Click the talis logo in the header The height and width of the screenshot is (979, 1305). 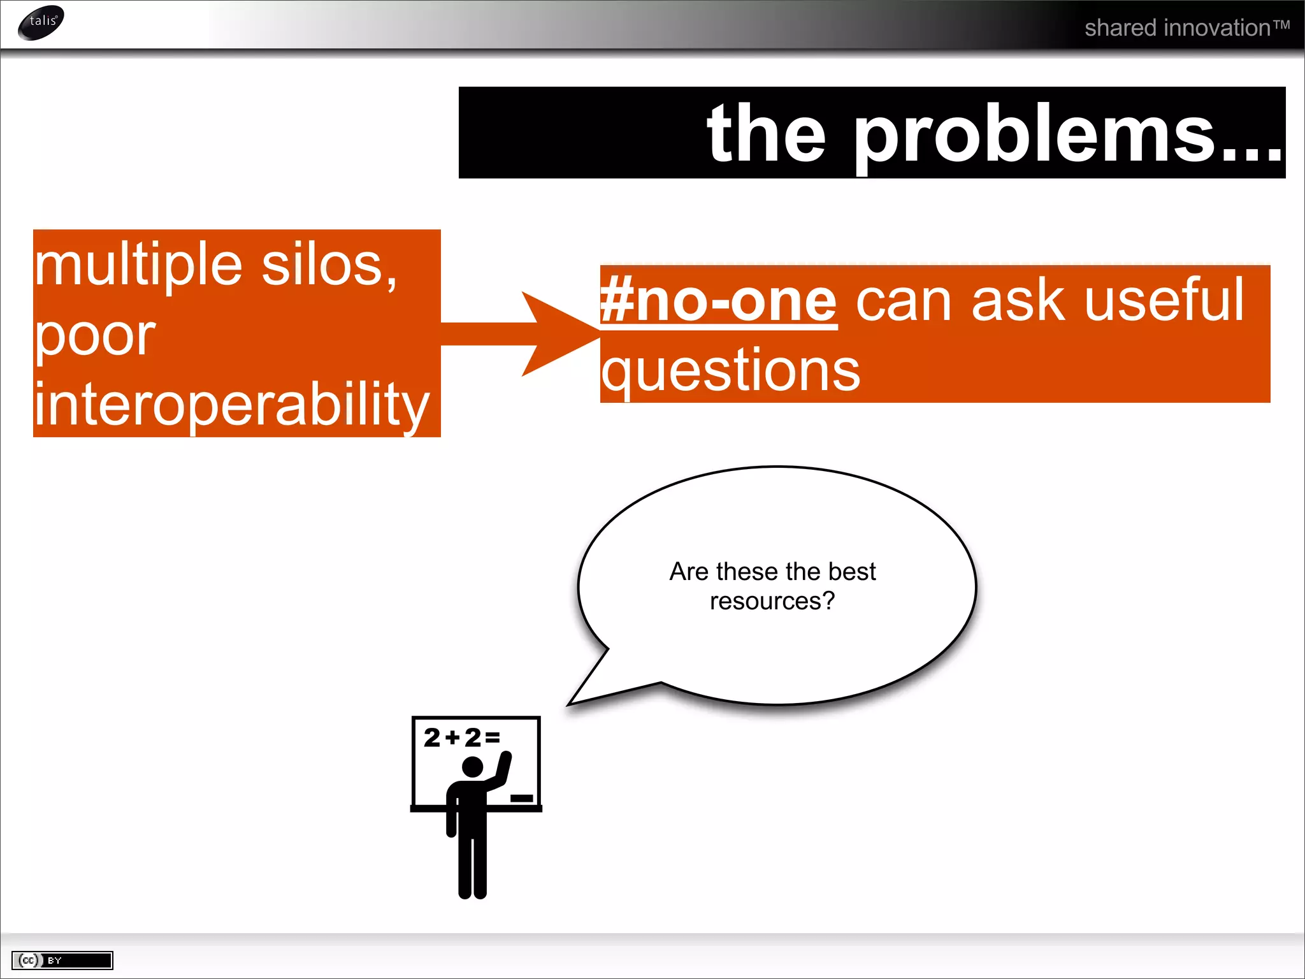pyautogui.click(x=41, y=22)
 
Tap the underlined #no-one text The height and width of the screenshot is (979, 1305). pyautogui.click(x=718, y=301)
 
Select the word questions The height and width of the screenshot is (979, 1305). pyautogui.click(x=730, y=371)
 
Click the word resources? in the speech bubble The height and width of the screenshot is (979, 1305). pyautogui.click(x=772, y=601)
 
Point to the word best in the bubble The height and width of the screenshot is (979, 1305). pyautogui.click(x=851, y=572)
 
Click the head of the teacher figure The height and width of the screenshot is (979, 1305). pyautogui.click(x=472, y=767)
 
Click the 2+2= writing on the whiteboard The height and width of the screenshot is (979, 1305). pyautogui.click(x=461, y=737)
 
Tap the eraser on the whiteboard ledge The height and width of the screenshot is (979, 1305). pyautogui.click(x=521, y=798)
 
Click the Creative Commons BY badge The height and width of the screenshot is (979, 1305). pyautogui.click(x=62, y=960)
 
